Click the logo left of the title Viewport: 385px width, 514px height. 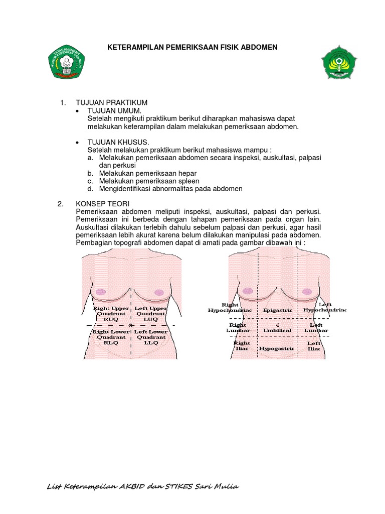click(x=66, y=62)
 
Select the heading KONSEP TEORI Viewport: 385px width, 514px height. click(x=102, y=204)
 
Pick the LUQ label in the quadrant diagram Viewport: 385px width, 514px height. click(x=151, y=319)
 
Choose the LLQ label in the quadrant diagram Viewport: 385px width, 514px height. click(x=151, y=343)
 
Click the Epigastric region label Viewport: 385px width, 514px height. click(x=277, y=310)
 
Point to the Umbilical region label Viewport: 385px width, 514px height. click(x=277, y=330)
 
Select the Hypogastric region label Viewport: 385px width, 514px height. click(x=277, y=348)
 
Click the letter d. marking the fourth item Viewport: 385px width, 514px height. click(x=90, y=189)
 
